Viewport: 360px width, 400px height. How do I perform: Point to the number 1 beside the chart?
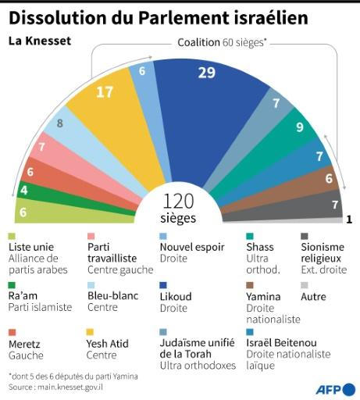click(348, 220)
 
